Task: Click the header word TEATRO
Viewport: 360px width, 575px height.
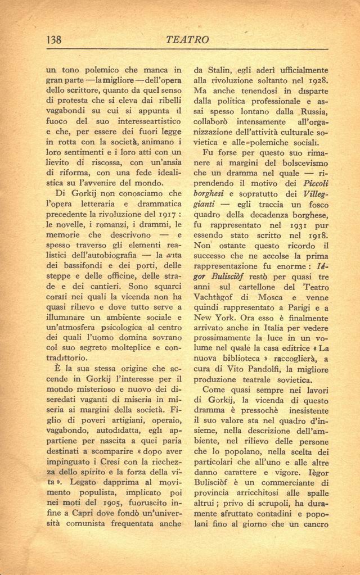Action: [x=188, y=39]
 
